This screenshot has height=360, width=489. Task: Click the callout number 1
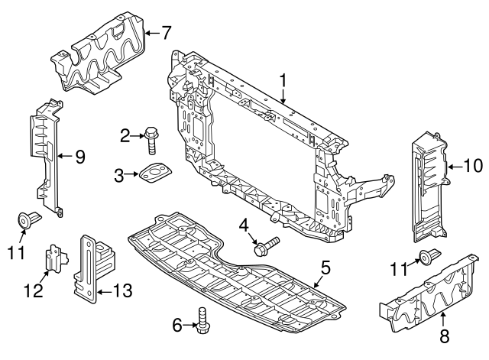point(283,80)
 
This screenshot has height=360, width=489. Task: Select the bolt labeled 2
point(151,141)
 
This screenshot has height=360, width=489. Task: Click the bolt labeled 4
point(267,246)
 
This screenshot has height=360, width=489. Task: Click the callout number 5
point(325,268)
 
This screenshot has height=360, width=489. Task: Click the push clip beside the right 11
point(429,256)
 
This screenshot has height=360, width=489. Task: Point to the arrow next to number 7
point(153,32)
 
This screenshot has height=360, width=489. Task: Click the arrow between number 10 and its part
point(455,167)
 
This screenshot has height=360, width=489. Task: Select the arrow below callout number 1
point(283,96)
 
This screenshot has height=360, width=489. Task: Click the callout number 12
point(34,290)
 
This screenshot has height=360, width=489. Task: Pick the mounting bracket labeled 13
point(94,268)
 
